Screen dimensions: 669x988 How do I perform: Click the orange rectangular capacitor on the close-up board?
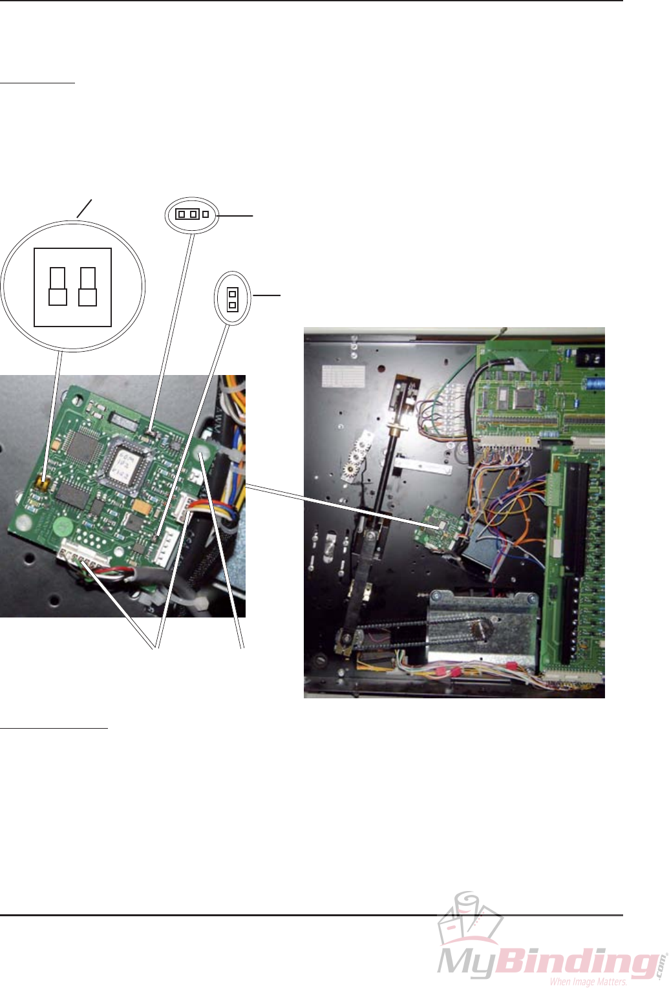point(139,502)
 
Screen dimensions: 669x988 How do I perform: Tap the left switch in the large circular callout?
point(58,286)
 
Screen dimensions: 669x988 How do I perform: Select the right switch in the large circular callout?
point(87,286)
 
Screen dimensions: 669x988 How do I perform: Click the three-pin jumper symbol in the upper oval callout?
point(192,214)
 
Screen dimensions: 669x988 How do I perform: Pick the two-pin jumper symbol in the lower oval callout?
point(232,299)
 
